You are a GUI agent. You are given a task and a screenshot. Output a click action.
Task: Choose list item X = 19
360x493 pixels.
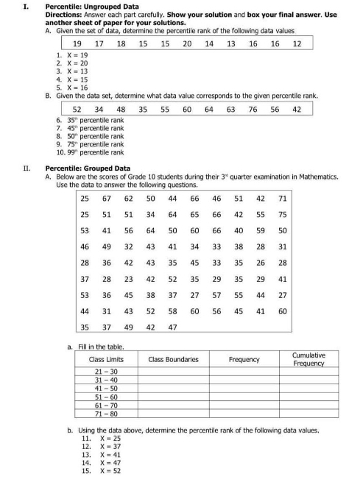73,56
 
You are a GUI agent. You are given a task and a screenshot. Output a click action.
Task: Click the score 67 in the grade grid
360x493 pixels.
107,199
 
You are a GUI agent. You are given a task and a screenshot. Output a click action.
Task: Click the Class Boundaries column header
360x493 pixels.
173,359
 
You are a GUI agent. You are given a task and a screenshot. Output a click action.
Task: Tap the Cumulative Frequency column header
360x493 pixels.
308,359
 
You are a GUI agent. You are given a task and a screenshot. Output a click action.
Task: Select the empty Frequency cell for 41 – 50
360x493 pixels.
244,388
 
